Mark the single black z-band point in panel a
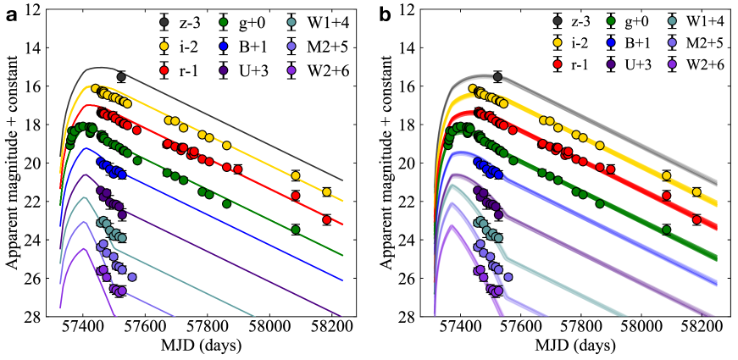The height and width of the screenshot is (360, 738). coord(121,76)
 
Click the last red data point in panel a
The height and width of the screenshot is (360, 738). coord(326,219)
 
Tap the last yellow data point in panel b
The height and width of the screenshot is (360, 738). coord(696,192)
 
